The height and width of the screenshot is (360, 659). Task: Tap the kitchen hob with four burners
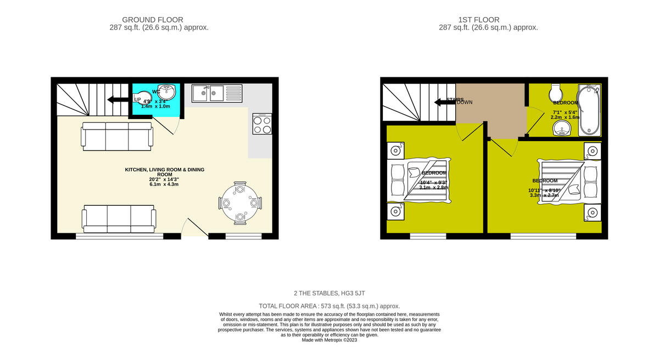point(261,123)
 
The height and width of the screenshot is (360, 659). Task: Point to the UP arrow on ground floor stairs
point(116,99)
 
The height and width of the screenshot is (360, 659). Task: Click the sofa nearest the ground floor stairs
point(116,136)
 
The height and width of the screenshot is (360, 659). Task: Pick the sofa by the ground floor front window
point(119,219)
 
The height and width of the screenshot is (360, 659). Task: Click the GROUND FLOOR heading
point(153,20)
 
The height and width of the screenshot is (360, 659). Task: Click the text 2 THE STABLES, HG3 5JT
point(329,294)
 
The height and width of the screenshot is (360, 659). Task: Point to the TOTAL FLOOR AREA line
point(329,306)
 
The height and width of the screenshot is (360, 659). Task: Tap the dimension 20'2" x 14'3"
point(164,179)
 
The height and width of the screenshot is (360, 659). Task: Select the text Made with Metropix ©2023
point(329,340)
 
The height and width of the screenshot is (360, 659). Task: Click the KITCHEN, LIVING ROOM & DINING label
point(164,170)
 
